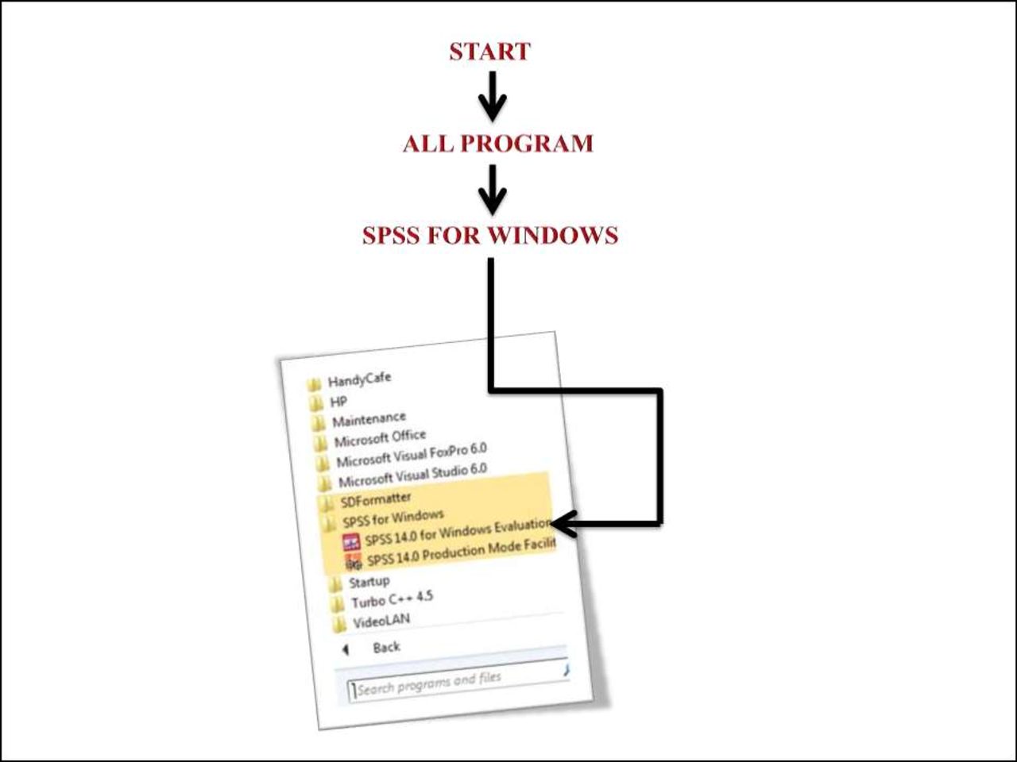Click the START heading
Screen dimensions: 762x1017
pyautogui.click(x=489, y=52)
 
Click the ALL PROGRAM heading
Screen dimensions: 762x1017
pyautogui.click(x=498, y=144)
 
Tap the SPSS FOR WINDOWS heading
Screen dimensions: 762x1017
pyautogui.click(x=490, y=236)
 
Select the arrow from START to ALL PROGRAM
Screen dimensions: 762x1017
pyautogui.click(x=492, y=96)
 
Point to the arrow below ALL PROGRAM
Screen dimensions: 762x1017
pyautogui.click(x=492, y=189)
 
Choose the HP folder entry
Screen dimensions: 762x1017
pyautogui.click(x=338, y=401)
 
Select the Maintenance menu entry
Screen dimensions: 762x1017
pyautogui.click(x=369, y=419)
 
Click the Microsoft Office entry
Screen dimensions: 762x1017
pyautogui.click(x=380, y=437)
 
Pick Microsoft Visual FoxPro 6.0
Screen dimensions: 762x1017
pyautogui.click(x=411, y=455)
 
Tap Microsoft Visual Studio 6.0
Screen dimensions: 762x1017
pyautogui.click(x=412, y=475)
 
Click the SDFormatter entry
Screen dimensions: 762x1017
pyautogui.click(x=376, y=499)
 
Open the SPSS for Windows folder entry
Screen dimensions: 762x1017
pyautogui.click(x=392, y=518)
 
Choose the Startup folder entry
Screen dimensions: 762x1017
pyautogui.click(x=369, y=582)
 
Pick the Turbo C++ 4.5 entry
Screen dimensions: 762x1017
pyautogui.click(x=392, y=599)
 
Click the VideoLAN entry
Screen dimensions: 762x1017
pyautogui.click(x=381, y=621)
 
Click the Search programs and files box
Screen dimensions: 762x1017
pyautogui.click(x=457, y=682)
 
